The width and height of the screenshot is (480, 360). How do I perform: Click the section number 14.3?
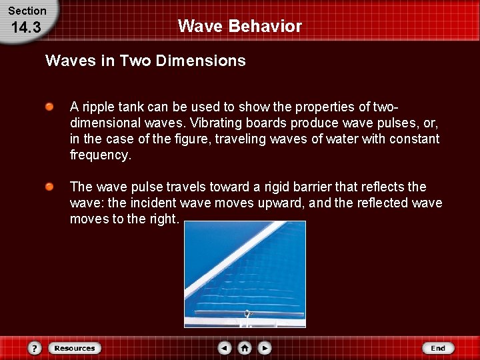27,28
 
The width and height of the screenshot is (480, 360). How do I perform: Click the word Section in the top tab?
27,11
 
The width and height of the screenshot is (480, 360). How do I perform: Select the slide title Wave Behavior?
240,26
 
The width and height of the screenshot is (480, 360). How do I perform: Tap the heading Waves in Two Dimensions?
145,61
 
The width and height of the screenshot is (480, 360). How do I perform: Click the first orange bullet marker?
49,107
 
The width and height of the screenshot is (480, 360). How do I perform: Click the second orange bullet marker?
49,187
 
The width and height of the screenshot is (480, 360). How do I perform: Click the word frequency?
100,155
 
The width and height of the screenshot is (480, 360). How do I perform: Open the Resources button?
75,348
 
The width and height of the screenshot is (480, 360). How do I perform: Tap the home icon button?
245,348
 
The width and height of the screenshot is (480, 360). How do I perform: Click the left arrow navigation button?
225,348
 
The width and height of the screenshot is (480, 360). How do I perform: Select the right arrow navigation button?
265,348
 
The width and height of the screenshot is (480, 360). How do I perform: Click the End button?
438,348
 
